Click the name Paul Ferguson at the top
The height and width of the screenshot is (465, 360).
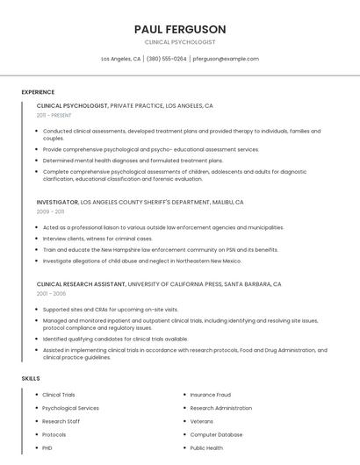pyautogui.click(x=180, y=29)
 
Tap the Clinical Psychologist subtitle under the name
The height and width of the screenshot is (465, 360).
pyautogui.click(x=180, y=42)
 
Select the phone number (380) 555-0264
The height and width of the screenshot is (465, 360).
pyautogui.click(x=166, y=59)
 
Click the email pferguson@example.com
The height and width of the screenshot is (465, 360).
pyautogui.click(x=226, y=59)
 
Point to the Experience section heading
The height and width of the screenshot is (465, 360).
pyautogui.click(x=38, y=92)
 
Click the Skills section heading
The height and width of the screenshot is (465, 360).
pyautogui.click(x=30, y=378)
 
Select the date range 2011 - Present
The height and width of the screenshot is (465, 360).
pyautogui.click(x=54, y=115)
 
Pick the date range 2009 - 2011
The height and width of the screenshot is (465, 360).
pyautogui.click(x=50, y=211)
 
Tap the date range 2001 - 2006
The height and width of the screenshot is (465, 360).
pyautogui.click(x=50, y=294)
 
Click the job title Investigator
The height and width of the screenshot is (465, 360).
pyautogui.click(x=57, y=202)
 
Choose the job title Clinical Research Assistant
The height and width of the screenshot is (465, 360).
pyautogui.click(x=81, y=284)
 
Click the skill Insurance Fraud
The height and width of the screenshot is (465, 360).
pyautogui.click(x=210, y=395)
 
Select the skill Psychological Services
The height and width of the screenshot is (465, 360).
pyautogui.click(x=70, y=408)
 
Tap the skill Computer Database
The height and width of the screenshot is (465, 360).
pyautogui.click(x=216, y=434)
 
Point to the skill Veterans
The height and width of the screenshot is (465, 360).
pyautogui.click(x=201, y=421)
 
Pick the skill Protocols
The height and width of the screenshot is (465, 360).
pyautogui.click(x=54, y=434)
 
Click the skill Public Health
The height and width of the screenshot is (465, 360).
pyautogui.click(x=206, y=447)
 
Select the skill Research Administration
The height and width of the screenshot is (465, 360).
pyautogui.click(x=220, y=408)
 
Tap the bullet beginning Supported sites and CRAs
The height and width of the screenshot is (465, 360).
pyautogui.click(x=110, y=310)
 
